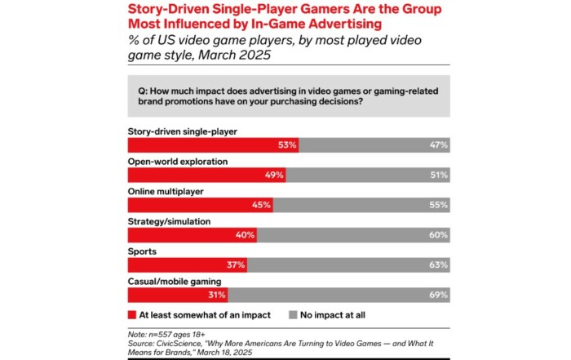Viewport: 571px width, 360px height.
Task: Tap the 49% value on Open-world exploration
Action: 273,176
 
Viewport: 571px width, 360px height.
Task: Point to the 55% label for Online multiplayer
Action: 439,205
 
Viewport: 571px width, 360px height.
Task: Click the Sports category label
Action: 142,251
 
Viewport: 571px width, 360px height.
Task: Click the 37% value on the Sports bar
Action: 235,264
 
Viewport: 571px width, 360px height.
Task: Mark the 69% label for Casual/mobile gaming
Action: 439,295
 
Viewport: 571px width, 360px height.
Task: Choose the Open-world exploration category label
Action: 178,161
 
